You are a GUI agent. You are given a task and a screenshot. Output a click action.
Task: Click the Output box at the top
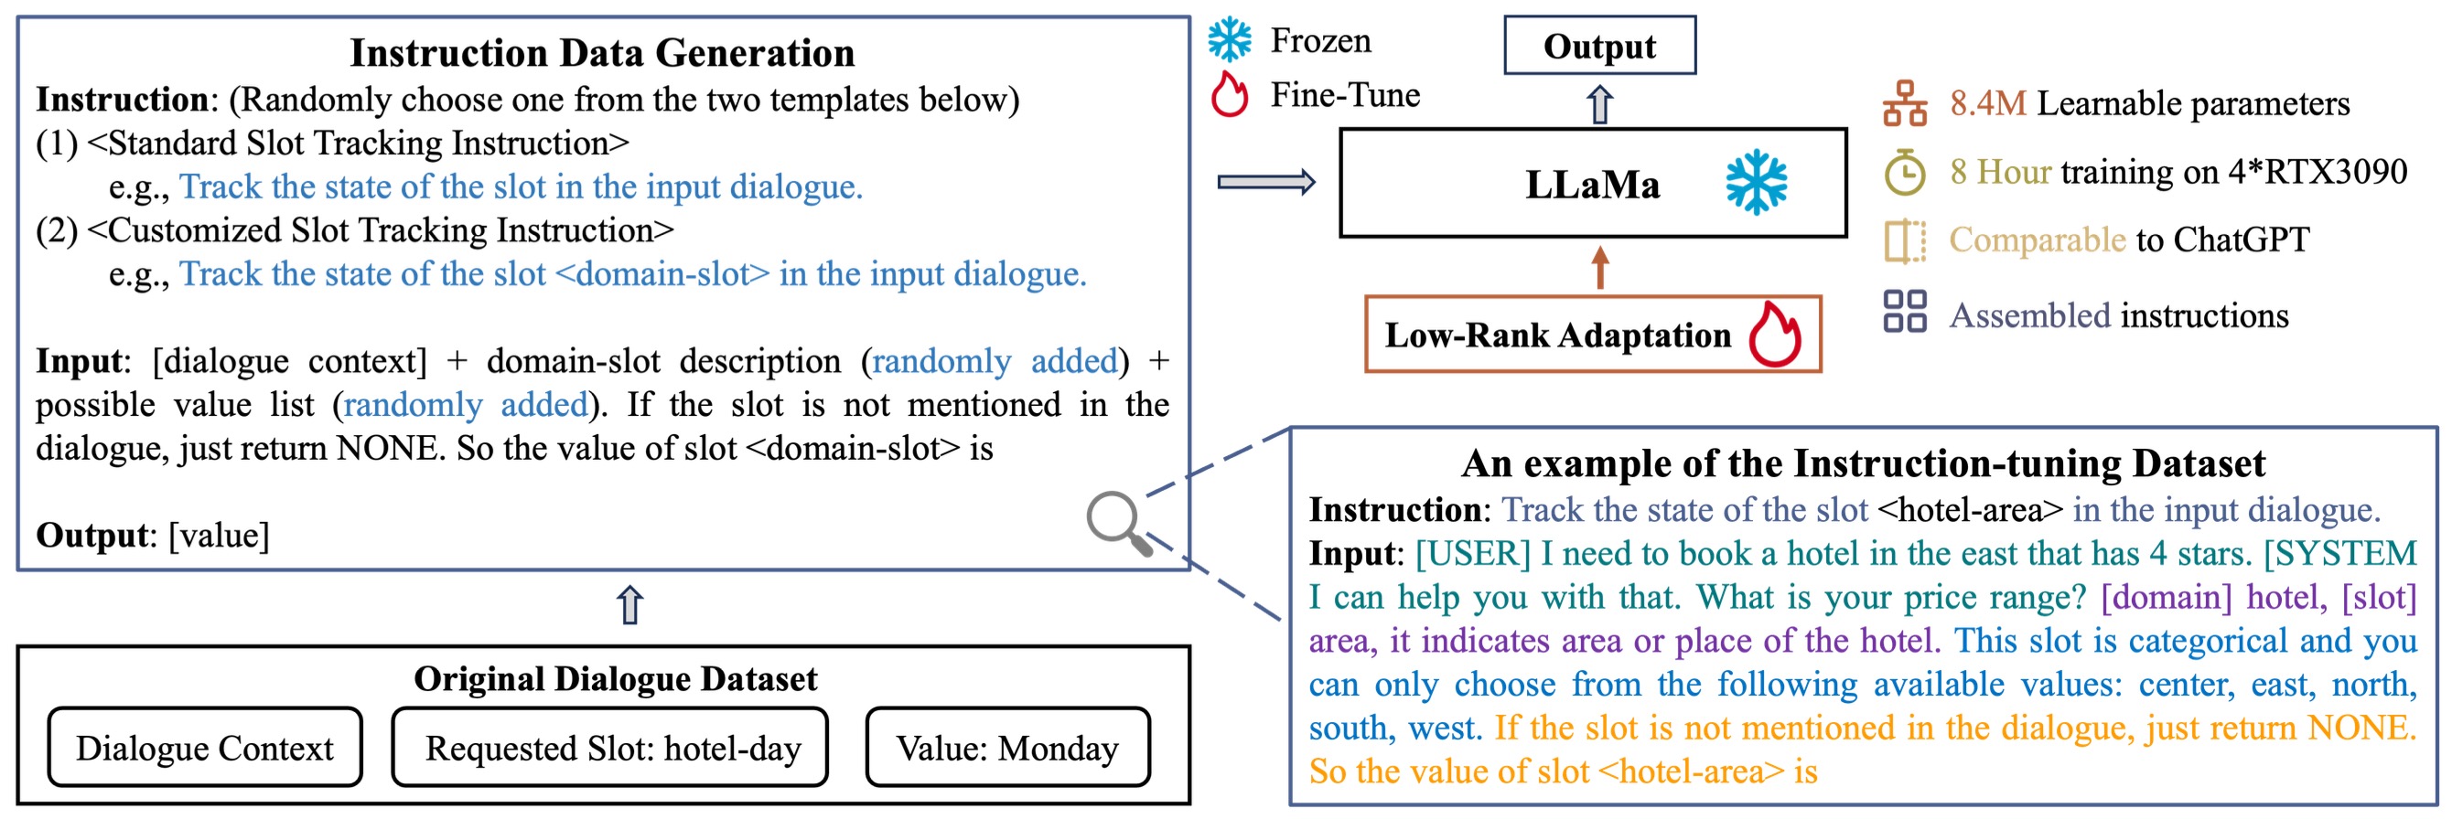pyautogui.click(x=1599, y=45)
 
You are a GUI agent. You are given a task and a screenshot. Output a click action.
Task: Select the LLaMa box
pyautogui.click(x=1593, y=183)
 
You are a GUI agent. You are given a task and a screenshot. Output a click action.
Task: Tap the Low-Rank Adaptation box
pyautogui.click(x=1593, y=334)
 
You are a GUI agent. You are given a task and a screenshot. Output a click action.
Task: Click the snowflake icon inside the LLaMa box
pyautogui.click(x=1756, y=182)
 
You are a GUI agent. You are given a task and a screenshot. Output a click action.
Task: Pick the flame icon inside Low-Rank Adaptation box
pyautogui.click(x=1775, y=334)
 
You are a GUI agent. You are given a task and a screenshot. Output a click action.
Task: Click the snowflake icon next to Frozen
pyautogui.click(x=1230, y=40)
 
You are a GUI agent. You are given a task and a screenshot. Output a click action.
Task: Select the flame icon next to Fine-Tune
pyautogui.click(x=1230, y=94)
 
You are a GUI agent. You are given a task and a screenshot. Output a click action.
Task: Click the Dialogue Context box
pyautogui.click(x=205, y=747)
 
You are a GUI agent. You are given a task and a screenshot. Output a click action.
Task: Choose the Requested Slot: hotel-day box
pyautogui.click(x=610, y=747)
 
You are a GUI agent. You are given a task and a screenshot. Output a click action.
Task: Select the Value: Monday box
pyautogui.click(x=1008, y=747)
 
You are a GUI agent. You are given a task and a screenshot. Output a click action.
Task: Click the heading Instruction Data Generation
pyautogui.click(x=603, y=52)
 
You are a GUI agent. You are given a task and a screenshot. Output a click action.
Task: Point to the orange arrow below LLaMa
pyautogui.click(x=1600, y=267)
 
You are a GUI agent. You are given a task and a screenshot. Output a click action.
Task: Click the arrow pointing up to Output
pyautogui.click(x=1600, y=103)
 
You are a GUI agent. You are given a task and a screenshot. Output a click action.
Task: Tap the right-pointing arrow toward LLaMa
pyautogui.click(x=1266, y=182)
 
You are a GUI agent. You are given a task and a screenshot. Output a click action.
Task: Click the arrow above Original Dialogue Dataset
pyautogui.click(x=630, y=604)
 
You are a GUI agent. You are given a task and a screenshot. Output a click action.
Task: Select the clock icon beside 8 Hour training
pyautogui.click(x=1905, y=172)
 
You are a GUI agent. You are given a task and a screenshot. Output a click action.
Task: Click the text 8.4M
pyautogui.click(x=1987, y=102)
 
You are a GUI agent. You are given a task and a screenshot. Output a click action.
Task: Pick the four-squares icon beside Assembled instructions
pyautogui.click(x=1905, y=311)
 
